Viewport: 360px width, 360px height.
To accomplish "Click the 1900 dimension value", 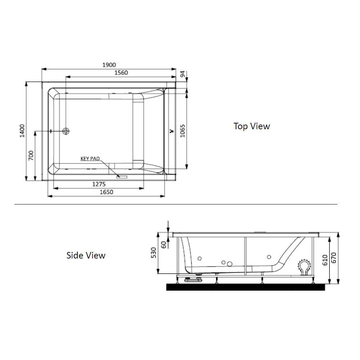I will pos(109,65).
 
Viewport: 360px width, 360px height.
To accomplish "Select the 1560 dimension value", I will pos(121,73).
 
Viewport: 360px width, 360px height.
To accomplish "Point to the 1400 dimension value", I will pos(22,131).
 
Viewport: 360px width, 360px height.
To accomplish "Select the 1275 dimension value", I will pos(99,184).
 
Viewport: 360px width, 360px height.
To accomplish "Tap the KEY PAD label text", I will pos(90,158).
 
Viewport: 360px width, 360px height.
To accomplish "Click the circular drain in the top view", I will pos(66,131).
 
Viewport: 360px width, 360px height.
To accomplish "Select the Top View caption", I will pos(252,126).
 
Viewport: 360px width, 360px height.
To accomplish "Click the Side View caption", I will pos(86,256).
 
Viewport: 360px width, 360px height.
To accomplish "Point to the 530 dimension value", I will pos(154,253).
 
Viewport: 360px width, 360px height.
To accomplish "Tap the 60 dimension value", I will pos(164,245).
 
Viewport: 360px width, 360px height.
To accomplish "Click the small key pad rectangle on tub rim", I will pos(122,177).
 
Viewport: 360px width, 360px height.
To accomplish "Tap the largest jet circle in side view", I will pos(229,265).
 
